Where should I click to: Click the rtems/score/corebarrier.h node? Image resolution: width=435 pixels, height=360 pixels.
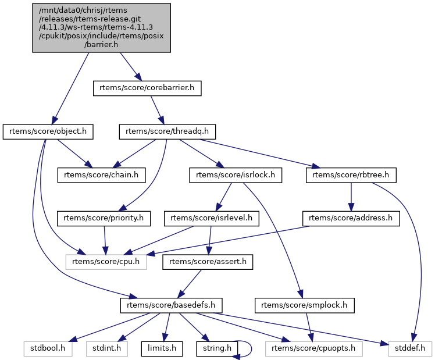point(147,88)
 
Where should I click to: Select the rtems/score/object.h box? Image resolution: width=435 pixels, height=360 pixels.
point(48,131)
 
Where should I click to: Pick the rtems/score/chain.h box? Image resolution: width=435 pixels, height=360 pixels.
point(101,174)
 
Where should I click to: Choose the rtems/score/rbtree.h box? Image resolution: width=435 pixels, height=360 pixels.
point(351,174)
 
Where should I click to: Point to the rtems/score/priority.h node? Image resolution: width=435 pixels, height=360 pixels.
point(104,218)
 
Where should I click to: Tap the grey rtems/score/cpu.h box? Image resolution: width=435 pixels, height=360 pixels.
point(106,262)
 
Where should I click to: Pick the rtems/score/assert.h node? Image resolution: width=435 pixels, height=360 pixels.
point(208,262)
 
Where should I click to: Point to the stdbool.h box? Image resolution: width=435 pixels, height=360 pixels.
point(48,348)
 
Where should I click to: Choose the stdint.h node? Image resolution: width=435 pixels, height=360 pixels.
point(106,348)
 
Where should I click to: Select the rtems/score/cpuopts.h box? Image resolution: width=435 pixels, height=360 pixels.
point(313,348)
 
